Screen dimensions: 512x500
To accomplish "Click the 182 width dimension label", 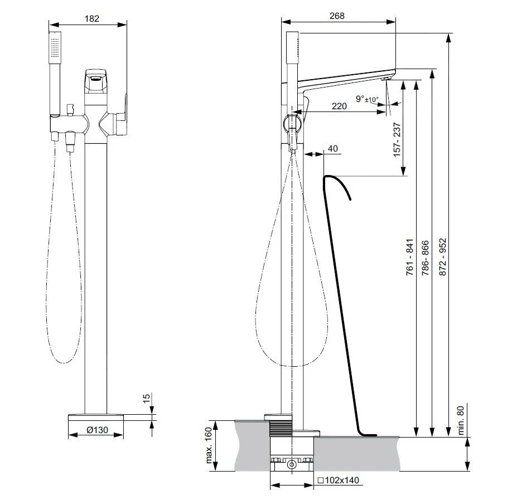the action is click(92, 18).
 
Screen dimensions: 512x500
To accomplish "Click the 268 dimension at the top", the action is click(337, 16).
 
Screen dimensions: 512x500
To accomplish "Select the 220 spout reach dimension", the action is click(339, 106).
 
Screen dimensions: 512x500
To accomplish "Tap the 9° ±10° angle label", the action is click(367, 99).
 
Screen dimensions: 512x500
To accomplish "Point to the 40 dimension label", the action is click(332, 148).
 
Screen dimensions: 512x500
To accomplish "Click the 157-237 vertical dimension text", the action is click(397, 140).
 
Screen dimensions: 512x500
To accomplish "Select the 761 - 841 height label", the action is click(410, 257).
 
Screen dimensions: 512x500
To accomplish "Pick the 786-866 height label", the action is click(425, 258).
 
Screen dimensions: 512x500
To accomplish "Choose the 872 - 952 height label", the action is click(442, 257).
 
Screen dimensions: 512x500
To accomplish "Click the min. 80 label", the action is click(460, 420).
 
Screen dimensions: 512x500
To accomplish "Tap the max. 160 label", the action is click(209, 445).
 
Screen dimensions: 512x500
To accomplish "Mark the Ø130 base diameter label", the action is click(97, 430).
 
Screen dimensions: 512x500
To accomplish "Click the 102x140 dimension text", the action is click(339, 480).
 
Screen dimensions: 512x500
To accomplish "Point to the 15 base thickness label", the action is click(147, 398).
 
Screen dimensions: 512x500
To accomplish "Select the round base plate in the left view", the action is click(96, 418).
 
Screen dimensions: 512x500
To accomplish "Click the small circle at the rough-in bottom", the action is click(292, 464).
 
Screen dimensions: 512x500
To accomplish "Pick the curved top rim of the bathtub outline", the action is click(337, 185).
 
